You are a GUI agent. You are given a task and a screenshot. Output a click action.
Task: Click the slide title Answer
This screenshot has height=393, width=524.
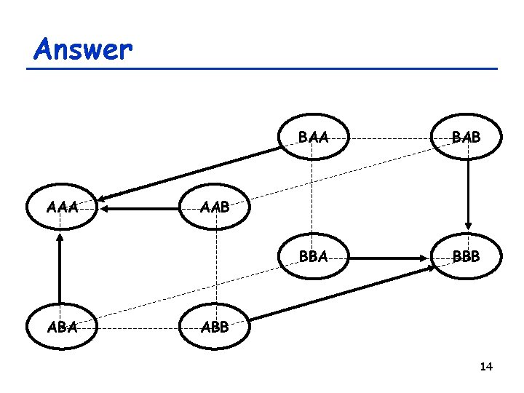83,49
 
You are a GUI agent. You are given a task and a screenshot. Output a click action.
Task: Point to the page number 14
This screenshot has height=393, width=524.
486,366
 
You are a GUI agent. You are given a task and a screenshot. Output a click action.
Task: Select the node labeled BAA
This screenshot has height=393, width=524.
312,137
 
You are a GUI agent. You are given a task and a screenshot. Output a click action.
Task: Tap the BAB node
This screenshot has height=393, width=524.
468,137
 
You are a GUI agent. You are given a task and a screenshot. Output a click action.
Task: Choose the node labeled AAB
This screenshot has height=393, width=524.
215,208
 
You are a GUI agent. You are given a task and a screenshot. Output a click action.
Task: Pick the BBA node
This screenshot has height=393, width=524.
312,256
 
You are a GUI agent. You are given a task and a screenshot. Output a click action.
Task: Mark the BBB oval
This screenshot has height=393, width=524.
468,256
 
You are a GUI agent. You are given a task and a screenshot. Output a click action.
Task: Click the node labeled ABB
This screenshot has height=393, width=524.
215,327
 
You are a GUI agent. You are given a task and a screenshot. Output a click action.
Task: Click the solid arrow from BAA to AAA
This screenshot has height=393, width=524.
189,172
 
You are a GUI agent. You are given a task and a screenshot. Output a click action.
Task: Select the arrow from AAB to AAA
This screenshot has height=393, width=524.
139,209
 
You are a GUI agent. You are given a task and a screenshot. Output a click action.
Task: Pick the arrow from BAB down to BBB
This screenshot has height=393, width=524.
468,193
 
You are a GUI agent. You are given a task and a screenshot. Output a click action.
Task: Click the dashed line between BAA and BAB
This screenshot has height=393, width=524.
390,137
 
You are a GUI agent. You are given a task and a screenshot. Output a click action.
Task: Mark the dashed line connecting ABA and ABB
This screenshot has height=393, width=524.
138,327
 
